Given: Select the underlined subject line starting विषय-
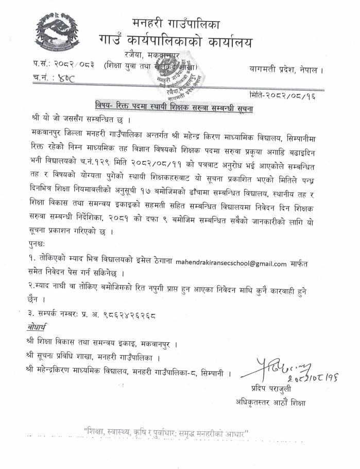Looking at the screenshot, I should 178,109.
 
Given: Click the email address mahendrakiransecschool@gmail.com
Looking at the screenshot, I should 231,263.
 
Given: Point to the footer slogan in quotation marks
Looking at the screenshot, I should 166,431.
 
